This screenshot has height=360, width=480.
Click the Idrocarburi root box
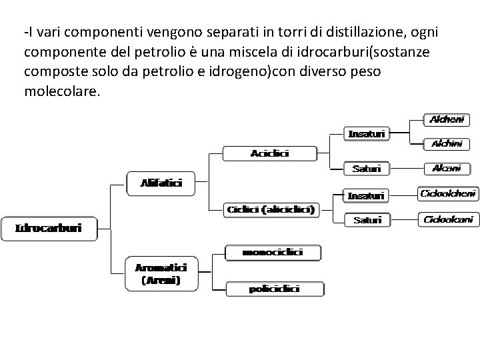(x=49, y=228)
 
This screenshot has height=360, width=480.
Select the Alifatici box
(x=161, y=182)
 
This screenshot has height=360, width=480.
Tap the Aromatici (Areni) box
(x=161, y=273)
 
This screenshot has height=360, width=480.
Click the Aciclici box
(x=269, y=153)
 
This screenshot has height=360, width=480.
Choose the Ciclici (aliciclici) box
(x=271, y=209)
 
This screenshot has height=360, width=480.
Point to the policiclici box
(x=274, y=289)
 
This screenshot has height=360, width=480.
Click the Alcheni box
(x=451, y=120)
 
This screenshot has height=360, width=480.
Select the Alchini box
(x=451, y=143)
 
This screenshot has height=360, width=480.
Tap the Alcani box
(x=451, y=168)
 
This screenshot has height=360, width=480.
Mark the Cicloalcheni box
(x=448, y=193)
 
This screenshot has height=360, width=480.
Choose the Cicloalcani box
(x=448, y=219)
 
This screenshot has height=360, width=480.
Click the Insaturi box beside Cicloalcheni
(x=366, y=195)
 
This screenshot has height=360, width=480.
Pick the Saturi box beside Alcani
(x=366, y=169)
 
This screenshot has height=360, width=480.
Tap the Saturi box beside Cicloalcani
(x=367, y=219)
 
